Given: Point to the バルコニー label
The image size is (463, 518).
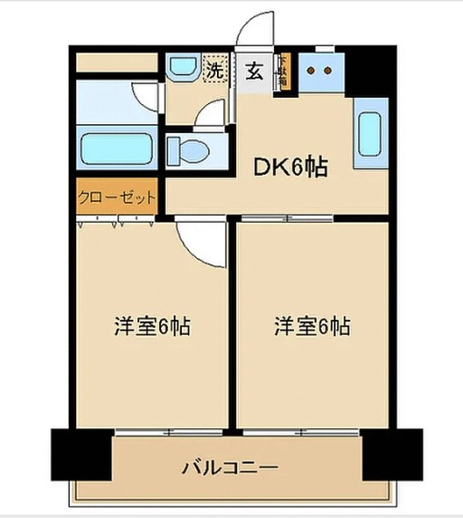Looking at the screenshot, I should [x=230, y=469].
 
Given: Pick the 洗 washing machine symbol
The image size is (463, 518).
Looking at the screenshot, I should [x=215, y=70].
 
